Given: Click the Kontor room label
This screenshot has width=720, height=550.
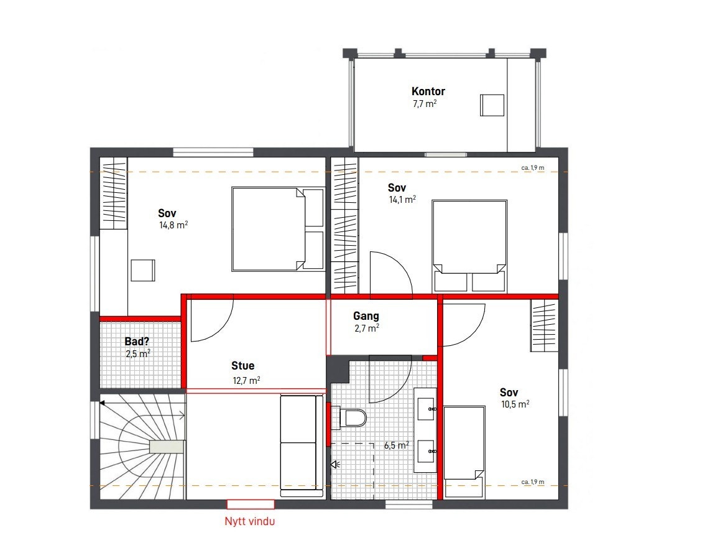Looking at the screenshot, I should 428,91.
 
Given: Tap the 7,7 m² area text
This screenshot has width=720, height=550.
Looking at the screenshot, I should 425,104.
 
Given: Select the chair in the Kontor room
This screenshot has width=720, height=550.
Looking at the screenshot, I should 492,105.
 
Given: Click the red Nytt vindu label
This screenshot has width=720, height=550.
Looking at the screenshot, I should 249,522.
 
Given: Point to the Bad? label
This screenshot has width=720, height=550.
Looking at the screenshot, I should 137,342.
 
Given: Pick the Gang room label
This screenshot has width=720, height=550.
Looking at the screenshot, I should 366,316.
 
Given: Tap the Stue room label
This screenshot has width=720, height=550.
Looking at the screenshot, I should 242,366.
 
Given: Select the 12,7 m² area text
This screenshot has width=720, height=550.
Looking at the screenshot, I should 246,380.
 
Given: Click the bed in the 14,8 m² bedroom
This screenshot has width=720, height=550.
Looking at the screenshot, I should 278,229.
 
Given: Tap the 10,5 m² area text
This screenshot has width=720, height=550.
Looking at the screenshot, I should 515,404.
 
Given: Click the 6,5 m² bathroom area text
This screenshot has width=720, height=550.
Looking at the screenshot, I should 396,445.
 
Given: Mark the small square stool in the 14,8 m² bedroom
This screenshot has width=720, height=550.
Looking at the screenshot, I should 144,271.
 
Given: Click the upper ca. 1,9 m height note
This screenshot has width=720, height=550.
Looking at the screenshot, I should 532,167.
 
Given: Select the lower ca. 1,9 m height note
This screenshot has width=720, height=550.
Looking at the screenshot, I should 532,482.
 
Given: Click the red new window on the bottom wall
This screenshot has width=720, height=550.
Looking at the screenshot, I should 250,504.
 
